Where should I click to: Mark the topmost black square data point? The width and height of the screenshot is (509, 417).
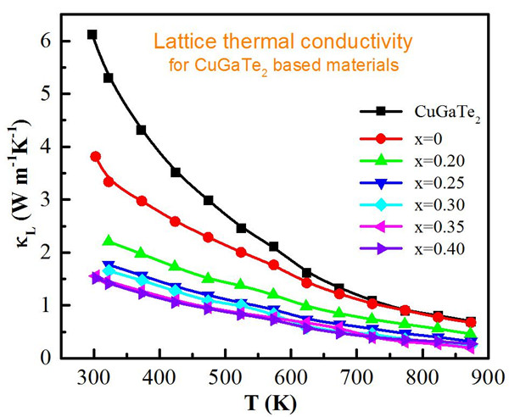pos(92,35)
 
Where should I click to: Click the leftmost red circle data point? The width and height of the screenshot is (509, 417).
pos(95,157)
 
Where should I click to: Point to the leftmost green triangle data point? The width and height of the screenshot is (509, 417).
pos(108,242)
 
